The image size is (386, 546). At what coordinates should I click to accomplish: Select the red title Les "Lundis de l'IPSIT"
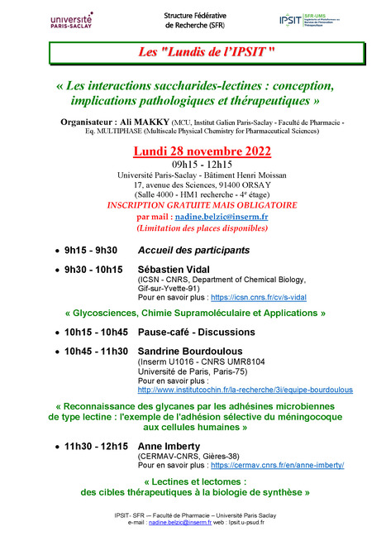pos(193,53)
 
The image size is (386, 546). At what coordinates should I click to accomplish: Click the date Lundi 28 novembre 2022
pos(192,151)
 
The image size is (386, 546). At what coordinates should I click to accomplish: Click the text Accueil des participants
pos(193,250)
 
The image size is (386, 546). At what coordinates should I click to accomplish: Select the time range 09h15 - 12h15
pos(192,165)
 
